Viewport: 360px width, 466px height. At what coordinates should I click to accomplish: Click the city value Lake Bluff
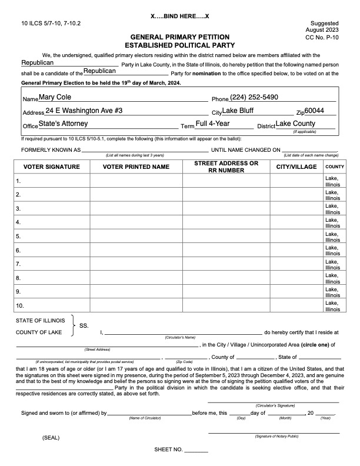pyautogui.click(x=242, y=111)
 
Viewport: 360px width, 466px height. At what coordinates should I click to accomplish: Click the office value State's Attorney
pyautogui.click(x=63, y=124)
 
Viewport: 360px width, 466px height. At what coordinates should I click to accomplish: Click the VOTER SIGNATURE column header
pyautogui.click(x=52, y=167)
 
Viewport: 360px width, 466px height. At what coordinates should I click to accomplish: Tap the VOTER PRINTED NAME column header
pyautogui.click(x=136, y=167)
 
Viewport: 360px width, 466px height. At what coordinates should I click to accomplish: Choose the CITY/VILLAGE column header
pyautogui.click(x=296, y=167)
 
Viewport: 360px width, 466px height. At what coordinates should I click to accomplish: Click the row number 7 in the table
pyautogui.click(x=19, y=264)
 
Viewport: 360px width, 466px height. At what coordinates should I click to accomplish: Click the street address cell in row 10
pyautogui.click(x=226, y=306)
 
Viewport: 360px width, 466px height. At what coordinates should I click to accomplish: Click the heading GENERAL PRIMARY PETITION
pyautogui.click(x=179, y=36)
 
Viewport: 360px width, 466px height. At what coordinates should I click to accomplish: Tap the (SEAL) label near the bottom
pyautogui.click(x=51, y=438)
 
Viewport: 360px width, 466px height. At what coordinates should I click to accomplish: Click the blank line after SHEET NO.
pyautogui.click(x=196, y=451)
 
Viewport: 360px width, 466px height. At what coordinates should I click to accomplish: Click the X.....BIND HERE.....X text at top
pyautogui.click(x=180, y=15)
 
